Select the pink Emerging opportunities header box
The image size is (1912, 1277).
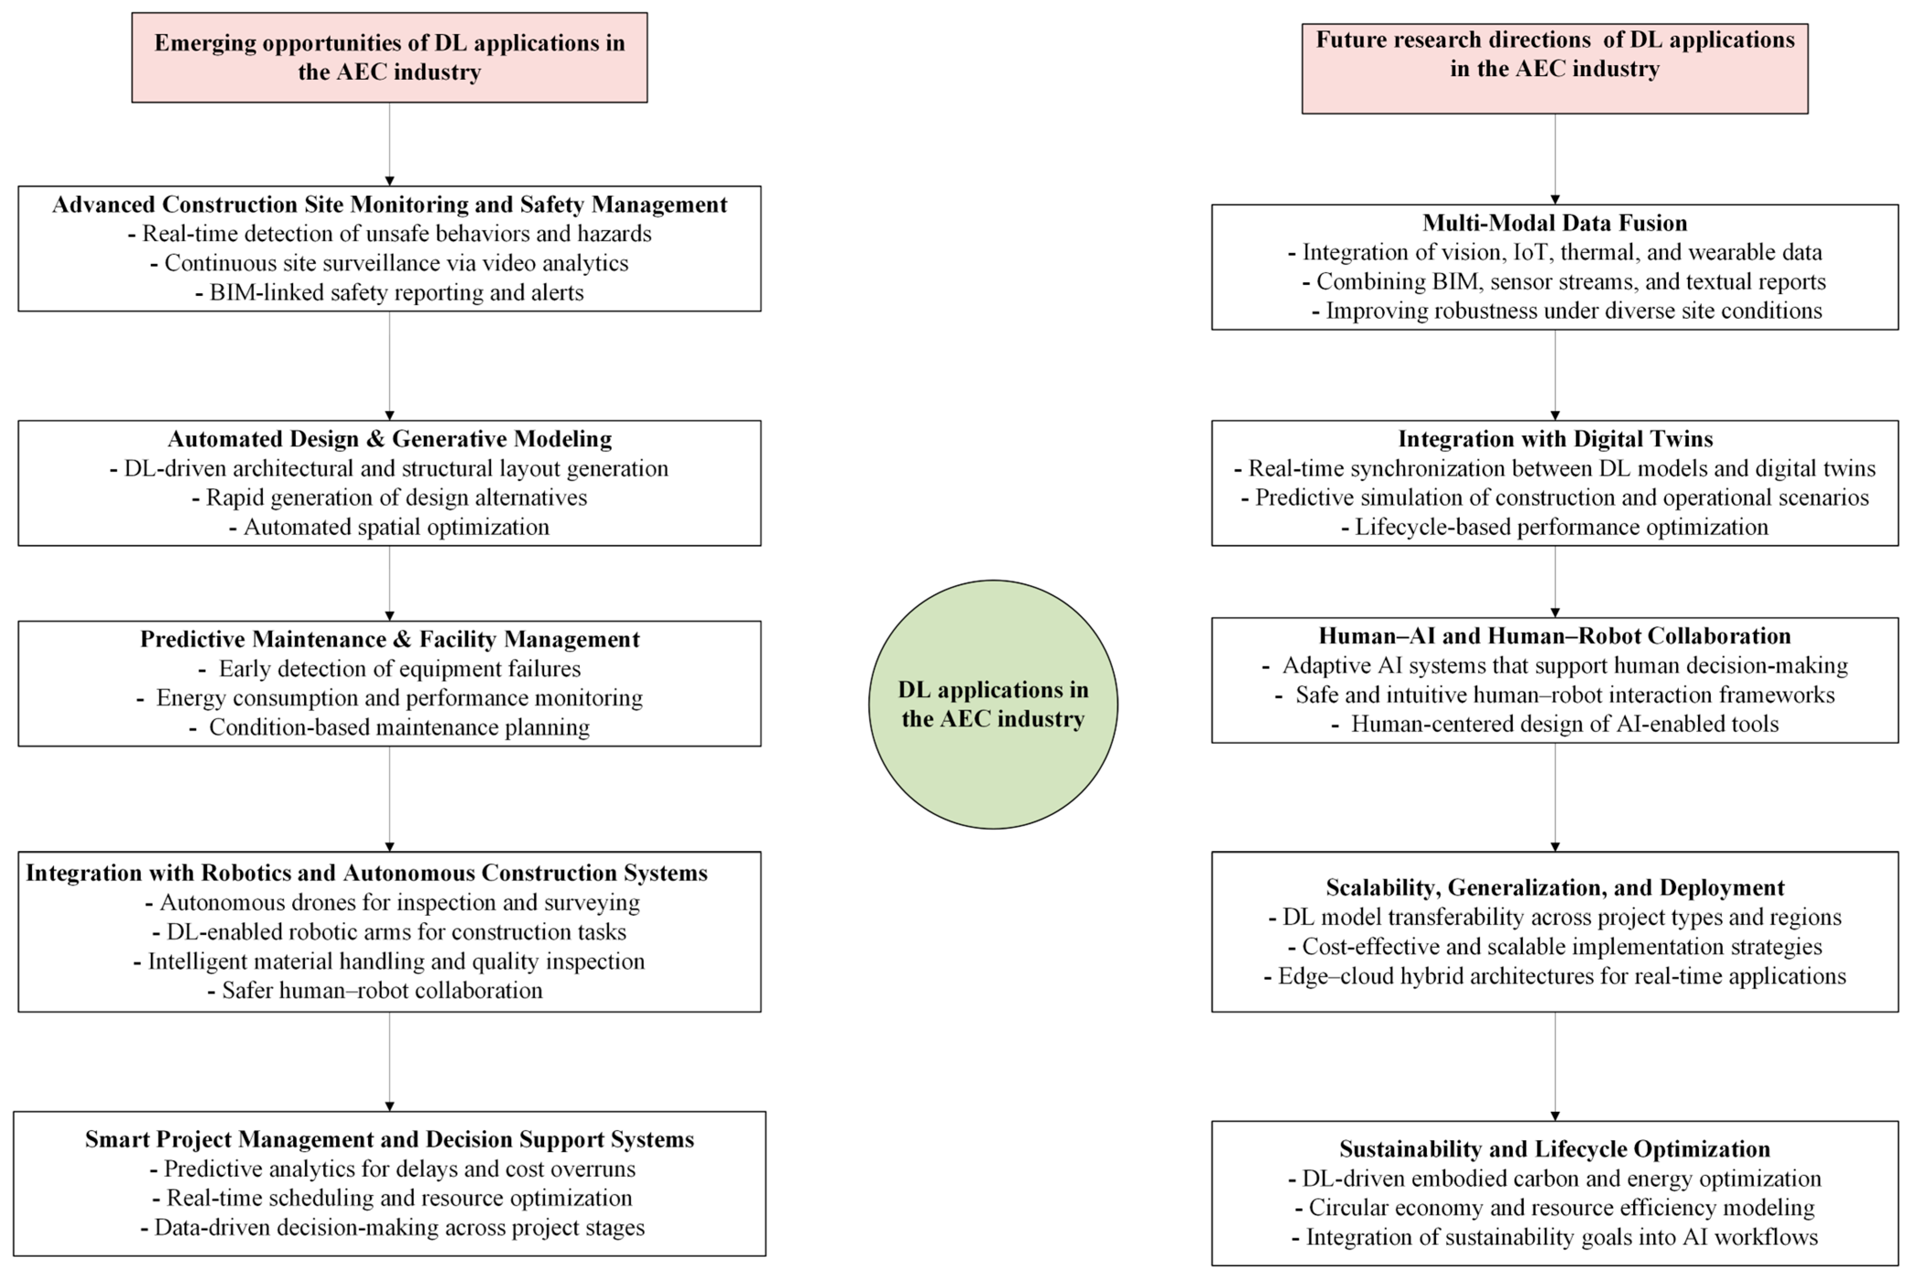[389, 57]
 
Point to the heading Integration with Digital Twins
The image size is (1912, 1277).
[1555, 439]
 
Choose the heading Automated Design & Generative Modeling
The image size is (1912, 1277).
[389, 439]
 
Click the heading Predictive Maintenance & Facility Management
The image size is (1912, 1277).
[389, 639]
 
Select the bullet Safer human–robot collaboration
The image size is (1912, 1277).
[376, 990]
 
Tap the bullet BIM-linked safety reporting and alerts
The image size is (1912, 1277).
[389, 292]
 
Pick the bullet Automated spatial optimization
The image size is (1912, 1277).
[389, 527]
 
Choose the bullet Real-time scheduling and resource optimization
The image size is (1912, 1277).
[392, 1198]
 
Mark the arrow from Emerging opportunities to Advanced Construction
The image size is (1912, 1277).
[389, 144]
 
